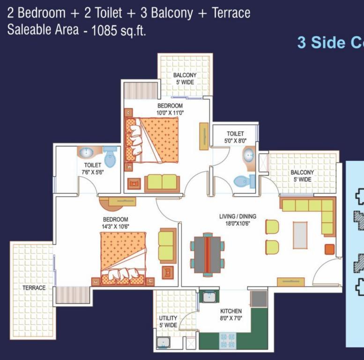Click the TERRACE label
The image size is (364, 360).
pos(34,288)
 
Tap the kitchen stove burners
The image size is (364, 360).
pos(228,340)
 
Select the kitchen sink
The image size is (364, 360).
pos(209,297)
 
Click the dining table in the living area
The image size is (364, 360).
pos(208,255)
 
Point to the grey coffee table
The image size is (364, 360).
pos(300,235)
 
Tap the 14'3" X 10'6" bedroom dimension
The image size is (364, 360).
pos(115,226)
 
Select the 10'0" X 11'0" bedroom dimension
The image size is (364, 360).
pos(170,113)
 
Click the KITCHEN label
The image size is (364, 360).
pos(231,311)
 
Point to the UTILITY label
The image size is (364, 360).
pos(168,318)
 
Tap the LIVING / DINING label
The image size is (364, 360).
pos(238,217)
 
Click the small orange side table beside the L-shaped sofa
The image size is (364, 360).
pos(330,249)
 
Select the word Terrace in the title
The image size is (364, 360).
pos(231,13)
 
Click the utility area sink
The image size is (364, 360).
pos(163,342)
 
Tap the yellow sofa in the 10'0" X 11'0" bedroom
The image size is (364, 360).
pos(162,183)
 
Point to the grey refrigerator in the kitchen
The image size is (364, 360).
pos(259,299)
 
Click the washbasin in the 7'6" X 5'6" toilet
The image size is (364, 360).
pos(87,153)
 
